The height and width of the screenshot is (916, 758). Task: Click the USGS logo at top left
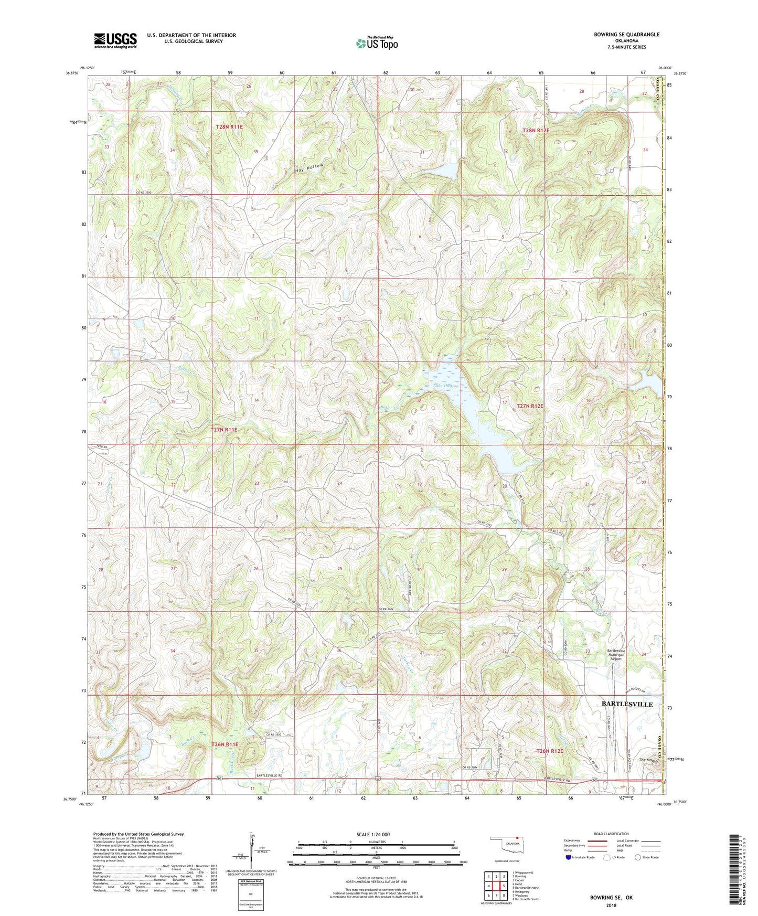[x=115, y=40]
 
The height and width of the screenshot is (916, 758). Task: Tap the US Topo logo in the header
[x=377, y=43]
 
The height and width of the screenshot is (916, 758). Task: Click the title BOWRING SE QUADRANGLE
[x=626, y=35]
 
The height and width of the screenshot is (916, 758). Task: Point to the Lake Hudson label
[x=445, y=386]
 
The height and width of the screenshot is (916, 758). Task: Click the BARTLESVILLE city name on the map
[x=627, y=704]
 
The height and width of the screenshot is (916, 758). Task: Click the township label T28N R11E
[x=230, y=127]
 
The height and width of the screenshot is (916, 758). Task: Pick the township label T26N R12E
[x=549, y=751]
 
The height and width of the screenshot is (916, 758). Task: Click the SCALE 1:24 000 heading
[x=373, y=834]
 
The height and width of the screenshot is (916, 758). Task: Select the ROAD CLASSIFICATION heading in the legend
[x=612, y=834]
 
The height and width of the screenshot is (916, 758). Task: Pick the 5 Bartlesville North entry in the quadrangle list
[x=526, y=888]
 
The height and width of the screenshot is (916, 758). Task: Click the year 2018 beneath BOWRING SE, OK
[x=611, y=905]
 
